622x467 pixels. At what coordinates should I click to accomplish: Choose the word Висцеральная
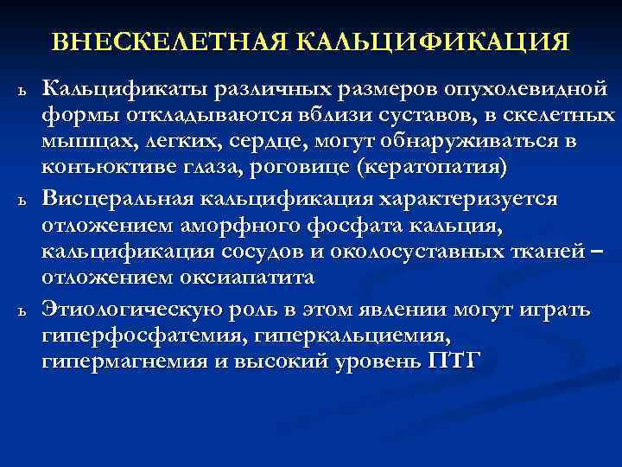point(119,199)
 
